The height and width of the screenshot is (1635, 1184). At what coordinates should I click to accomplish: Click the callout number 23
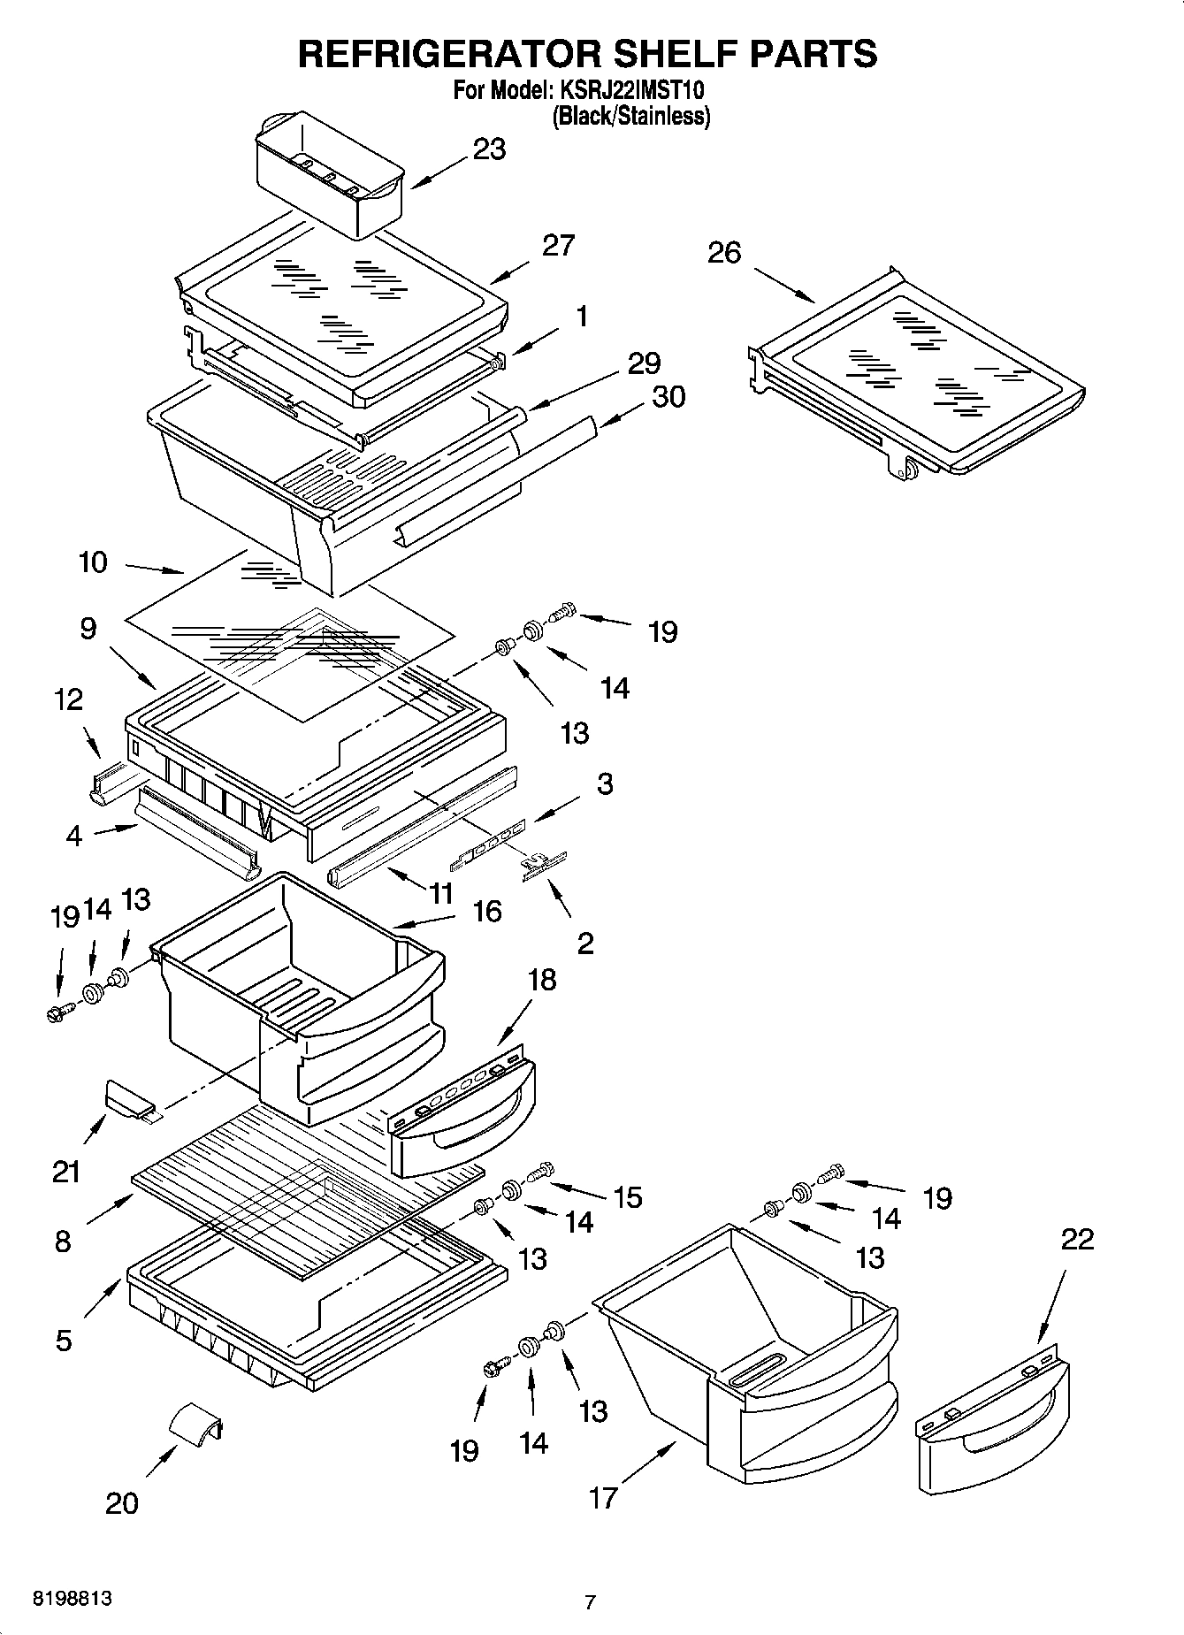pos(489,149)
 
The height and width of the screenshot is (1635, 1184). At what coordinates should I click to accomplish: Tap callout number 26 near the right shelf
pos(723,253)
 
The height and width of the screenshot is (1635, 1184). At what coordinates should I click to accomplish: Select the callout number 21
pos(66,1172)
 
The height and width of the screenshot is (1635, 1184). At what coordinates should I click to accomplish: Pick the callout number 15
pos(628,1197)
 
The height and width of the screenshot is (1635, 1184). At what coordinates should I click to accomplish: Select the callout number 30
pos(668,397)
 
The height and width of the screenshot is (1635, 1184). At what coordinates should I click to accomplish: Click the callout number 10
pos(93,562)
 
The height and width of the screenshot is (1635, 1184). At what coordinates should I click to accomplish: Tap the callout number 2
pos(585,944)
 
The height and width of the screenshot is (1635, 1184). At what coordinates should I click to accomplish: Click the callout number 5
pos(63,1341)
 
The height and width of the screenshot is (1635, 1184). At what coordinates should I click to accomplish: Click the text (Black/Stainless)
pos(630,116)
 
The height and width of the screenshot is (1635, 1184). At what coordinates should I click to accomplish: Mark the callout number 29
pos(644,363)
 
